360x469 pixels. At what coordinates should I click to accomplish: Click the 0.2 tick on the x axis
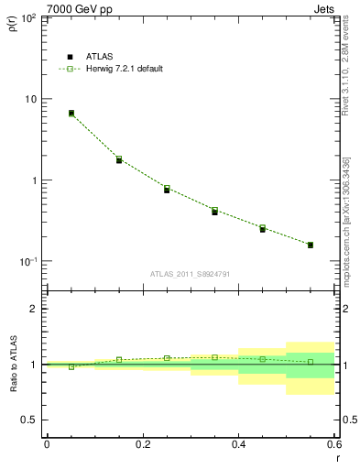(142, 444)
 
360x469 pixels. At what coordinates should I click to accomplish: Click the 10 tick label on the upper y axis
(30, 99)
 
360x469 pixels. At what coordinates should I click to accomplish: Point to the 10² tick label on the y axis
(28, 17)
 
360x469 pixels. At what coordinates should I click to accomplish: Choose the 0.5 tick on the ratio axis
(29, 420)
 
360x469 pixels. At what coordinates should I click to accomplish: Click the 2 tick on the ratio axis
(34, 309)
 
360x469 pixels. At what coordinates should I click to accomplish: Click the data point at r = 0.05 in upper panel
(71, 114)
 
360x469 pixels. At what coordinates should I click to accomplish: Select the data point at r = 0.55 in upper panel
(311, 245)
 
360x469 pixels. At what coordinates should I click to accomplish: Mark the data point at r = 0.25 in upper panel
(167, 189)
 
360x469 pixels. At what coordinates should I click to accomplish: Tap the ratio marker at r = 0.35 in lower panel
(214, 357)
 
